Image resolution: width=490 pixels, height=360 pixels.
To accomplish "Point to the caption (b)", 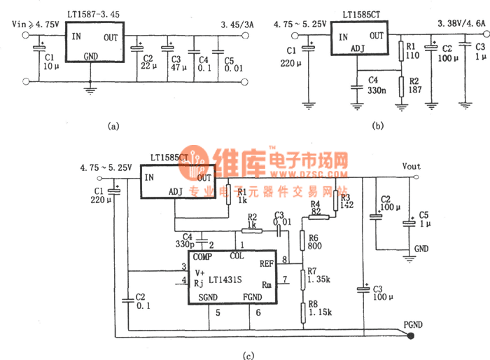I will click(x=378, y=126).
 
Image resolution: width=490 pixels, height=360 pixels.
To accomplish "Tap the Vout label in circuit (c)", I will click(x=412, y=166).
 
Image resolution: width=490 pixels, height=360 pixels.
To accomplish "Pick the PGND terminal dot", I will click(x=411, y=336).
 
